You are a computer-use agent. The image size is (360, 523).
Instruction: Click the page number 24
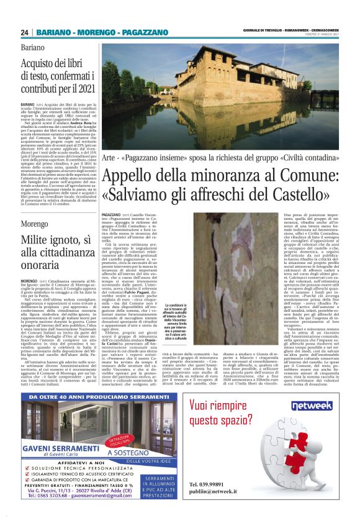(25, 32)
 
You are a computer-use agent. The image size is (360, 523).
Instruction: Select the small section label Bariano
(32, 47)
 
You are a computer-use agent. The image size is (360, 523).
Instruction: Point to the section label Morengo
(34, 204)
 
